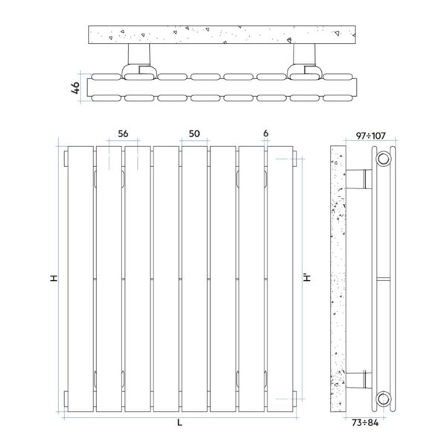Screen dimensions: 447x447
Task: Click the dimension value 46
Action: click(x=75, y=88)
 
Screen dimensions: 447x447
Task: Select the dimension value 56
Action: click(x=123, y=133)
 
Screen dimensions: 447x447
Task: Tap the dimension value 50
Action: click(x=194, y=133)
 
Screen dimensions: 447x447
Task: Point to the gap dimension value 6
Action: click(x=265, y=133)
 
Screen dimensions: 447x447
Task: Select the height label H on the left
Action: click(x=53, y=278)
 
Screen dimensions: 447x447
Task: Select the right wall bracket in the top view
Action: click(x=305, y=60)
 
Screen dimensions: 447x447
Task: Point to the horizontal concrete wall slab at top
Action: click(x=223, y=34)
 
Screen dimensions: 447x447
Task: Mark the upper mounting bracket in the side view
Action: click(x=361, y=180)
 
